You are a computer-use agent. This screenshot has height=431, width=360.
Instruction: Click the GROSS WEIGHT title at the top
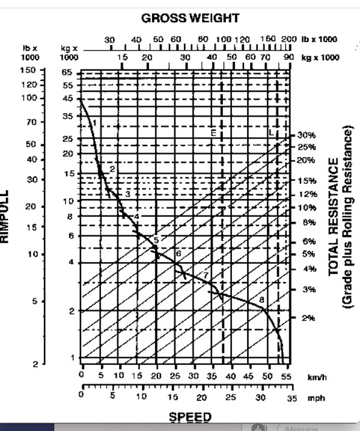pos(190,18)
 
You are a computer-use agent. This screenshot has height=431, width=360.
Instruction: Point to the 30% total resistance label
pos(306,136)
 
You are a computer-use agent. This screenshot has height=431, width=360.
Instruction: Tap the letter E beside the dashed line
pos(213,133)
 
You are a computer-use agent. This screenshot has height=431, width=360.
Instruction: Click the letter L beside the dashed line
pos(272,133)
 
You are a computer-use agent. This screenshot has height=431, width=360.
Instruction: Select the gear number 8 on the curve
pos(261,300)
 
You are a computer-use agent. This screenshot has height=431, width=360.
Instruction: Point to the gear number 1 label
pos(95,123)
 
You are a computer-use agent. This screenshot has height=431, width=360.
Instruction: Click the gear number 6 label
pos(179,254)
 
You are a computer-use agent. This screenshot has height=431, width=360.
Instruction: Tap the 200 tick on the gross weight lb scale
pos(289,39)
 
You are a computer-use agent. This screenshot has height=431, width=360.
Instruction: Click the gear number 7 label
pos(205,275)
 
